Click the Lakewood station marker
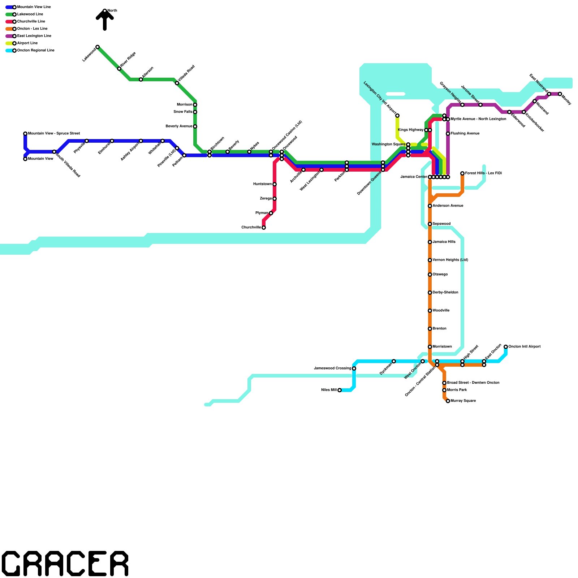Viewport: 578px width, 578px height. click(x=98, y=47)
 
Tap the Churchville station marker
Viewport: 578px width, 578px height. click(x=264, y=228)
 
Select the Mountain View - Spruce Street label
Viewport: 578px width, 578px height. click(x=54, y=134)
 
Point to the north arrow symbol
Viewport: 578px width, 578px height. click(x=105, y=20)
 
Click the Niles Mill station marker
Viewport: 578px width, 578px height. click(x=340, y=390)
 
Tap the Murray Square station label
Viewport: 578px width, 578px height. click(x=463, y=401)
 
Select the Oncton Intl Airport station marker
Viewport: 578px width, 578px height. click(x=506, y=347)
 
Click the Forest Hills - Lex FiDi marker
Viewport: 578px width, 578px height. click(x=462, y=173)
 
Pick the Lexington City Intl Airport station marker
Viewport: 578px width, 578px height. click(x=397, y=116)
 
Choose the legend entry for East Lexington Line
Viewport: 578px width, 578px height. click(x=34, y=36)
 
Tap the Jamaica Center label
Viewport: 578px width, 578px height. click(x=414, y=177)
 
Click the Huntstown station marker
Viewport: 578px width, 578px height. click(x=275, y=184)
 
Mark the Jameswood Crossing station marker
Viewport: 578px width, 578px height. click(x=354, y=368)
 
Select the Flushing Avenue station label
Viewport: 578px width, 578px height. click(x=465, y=134)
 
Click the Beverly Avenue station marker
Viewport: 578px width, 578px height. click(x=195, y=126)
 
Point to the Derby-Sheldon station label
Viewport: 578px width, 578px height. click(x=445, y=293)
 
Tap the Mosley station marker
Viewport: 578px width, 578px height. click(x=560, y=94)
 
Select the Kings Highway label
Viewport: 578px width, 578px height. click(x=411, y=130)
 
